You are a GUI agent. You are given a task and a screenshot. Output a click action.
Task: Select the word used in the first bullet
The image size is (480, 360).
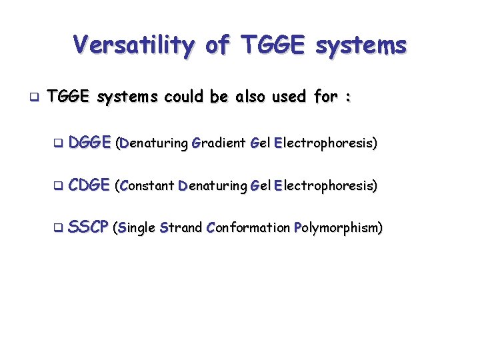tap(289, 98)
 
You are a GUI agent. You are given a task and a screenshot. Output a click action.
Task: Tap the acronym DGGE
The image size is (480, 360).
tap(89, 142)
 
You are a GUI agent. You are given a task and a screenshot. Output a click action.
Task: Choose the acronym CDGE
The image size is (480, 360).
tap(89, 185)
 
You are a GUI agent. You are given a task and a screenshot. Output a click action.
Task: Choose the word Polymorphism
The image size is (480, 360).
tap(338, 228)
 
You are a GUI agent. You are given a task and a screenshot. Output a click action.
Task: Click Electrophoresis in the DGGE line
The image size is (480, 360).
tap(325, 143)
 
